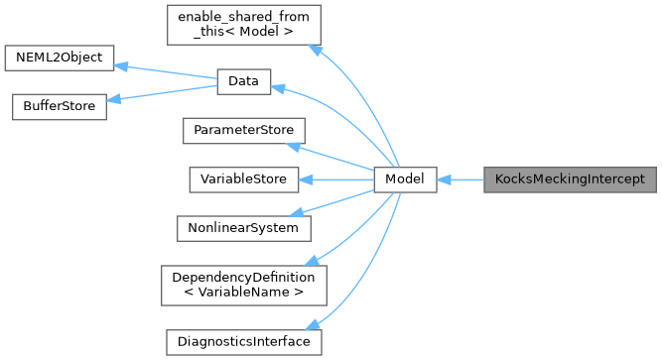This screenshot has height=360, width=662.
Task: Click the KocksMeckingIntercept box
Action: click(570, 180)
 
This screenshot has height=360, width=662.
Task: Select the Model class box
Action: click(405, 180)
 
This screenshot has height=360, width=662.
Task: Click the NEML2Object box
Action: click(60, 58)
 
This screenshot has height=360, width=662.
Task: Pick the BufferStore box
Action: click(57, 106)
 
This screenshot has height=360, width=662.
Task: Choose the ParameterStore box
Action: click(243, 131)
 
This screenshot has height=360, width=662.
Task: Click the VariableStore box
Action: click(243, 180)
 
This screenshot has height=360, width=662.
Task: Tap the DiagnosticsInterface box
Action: click(243, 341)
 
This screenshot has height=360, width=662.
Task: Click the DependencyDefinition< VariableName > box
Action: click(243, 285)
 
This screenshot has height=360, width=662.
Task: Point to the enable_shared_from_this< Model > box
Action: click(243, 23)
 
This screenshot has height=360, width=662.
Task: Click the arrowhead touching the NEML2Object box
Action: click(122, 65)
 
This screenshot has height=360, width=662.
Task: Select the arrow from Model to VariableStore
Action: click(337, 180)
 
